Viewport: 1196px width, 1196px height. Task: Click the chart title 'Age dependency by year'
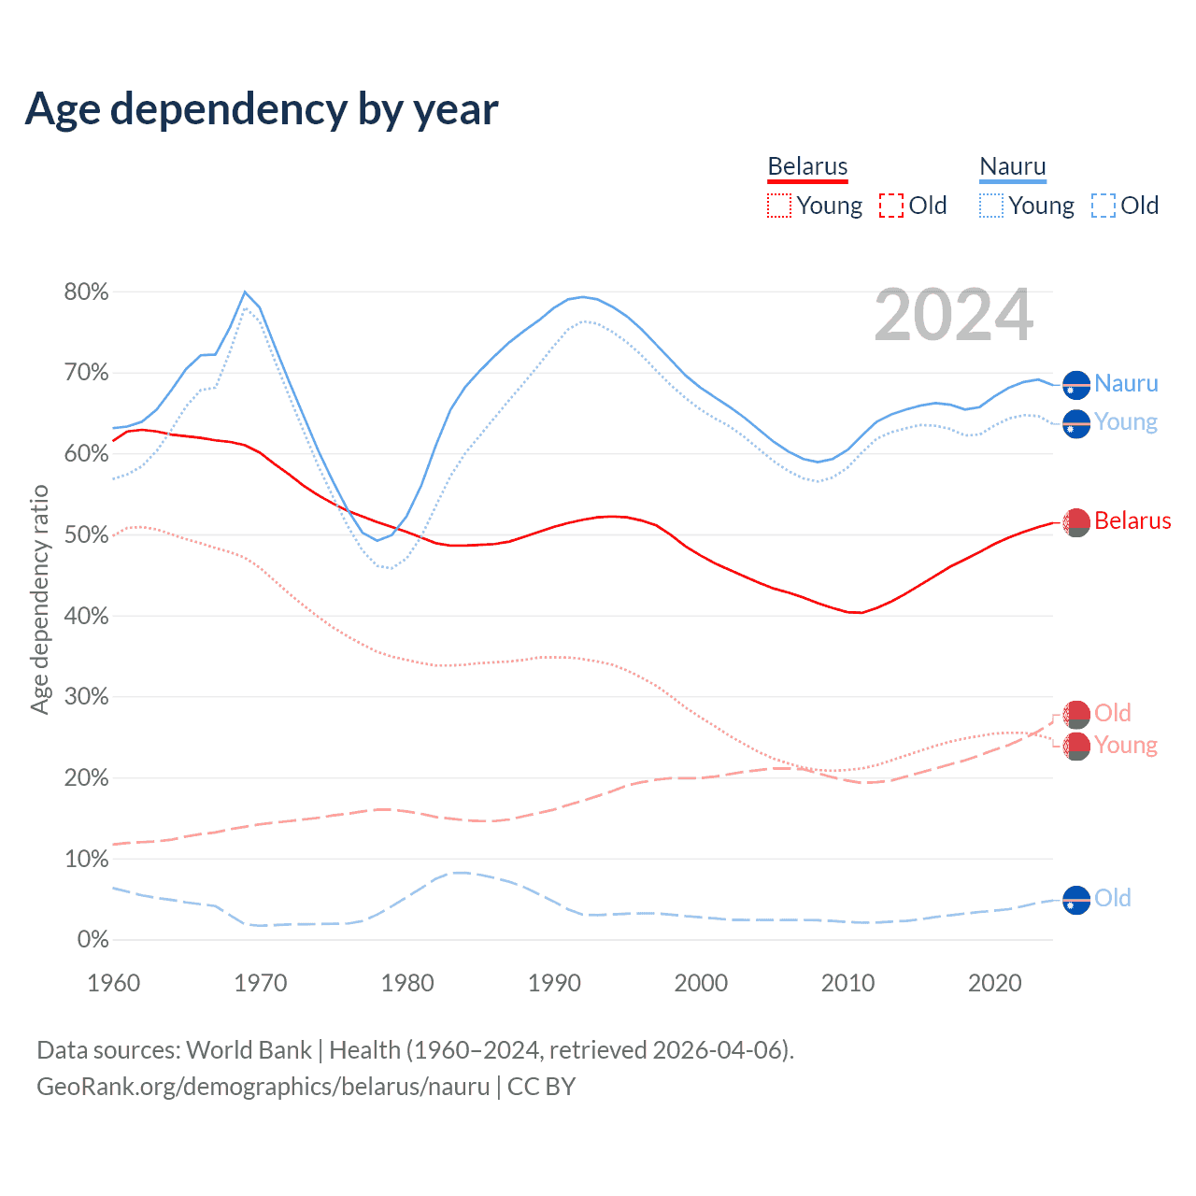coord(262,109)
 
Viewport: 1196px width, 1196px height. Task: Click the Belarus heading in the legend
coord(807,167)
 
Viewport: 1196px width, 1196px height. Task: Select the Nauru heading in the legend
coord(1013,167)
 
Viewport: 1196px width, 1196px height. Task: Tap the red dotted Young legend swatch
coord(778,206)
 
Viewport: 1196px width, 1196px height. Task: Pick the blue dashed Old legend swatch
coord(1103,206)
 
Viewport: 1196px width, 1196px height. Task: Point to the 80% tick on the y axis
coord(86,292)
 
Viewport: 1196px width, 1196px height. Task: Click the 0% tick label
coord(92,940)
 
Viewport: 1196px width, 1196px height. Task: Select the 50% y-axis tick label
coord(86,535)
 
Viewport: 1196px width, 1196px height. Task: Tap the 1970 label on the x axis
coord(261,983)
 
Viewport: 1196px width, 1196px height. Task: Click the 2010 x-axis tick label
coord(847,983)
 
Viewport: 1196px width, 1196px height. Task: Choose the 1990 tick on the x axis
coord(554,983)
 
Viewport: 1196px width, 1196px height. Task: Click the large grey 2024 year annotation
coord(954,316)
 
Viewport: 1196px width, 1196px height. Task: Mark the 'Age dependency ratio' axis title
coord(39,599)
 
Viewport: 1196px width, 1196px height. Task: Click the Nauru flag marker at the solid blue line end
coord(1076,385)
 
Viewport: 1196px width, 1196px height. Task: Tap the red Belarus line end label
coord(1132,520)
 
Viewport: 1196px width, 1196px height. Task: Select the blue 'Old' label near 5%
coord(1113,898)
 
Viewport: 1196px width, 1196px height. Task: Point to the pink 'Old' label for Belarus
coord(1113,713)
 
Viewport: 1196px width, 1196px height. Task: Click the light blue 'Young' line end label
coord(1126,422)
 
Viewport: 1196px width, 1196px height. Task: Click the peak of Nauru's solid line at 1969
coord(245,292)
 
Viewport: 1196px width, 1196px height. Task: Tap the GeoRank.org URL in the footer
coord(263,1087)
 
